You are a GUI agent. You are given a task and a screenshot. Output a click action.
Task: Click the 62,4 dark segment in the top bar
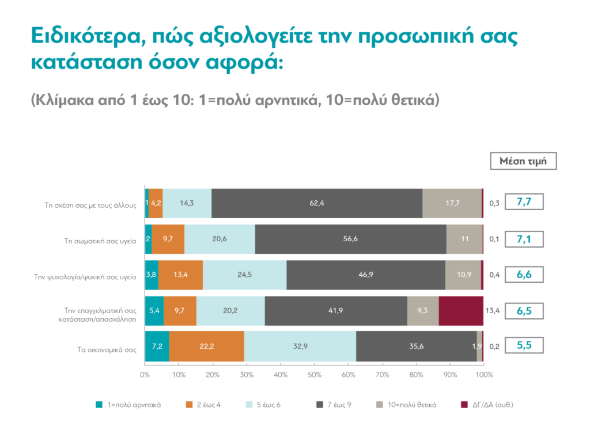pyautogui.click(x=317, y=203)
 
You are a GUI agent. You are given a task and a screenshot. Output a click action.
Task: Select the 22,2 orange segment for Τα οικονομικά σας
pyautogui.click(x=207, y=347)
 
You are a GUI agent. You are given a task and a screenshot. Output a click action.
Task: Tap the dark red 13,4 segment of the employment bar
pyautogui.click(x=461, y=311)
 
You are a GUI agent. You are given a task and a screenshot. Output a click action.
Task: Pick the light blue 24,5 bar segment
pyautogui.click(x=244, y=275)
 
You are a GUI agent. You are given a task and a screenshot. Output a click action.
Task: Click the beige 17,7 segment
pyautogui.click(x=452, y=203)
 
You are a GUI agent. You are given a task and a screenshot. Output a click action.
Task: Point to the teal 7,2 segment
pyautogui.click(x=157, y=347)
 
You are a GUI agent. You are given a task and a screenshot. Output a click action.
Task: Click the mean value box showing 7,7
pyautogui.click(x=524, y=203)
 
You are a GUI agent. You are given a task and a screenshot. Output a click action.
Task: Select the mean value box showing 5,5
pyautogui.click(x=524, y=347)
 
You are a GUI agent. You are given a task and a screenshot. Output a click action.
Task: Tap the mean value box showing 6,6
pyautogui.click(x=524, y=275)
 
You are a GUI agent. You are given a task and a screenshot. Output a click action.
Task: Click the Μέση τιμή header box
pyautogui.click(x=524, y=161)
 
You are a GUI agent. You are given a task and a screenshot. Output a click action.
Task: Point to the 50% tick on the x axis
pyautogui.click(x=314, y=375)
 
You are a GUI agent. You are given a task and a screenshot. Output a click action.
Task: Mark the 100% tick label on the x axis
pyautogui.click(x=483, y=375)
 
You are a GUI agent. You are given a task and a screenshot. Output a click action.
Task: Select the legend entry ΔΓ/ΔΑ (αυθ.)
pyautogui.click(x=491, y=405)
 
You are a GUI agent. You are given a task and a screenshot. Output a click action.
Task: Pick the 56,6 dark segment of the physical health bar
pyautogui.click(x=350, y=239)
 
